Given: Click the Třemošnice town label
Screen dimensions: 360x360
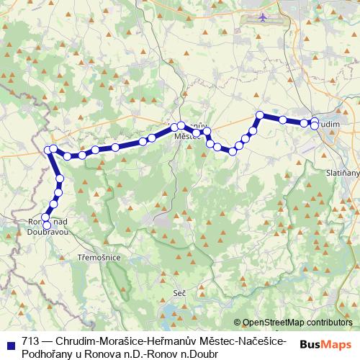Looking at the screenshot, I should (x=99, y=256).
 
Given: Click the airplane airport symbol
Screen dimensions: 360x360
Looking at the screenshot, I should (x=262, y=17).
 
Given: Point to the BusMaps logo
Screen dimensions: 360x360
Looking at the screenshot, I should (x=325, y=343).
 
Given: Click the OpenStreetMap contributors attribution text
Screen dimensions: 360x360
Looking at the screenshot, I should (x=297, y=323).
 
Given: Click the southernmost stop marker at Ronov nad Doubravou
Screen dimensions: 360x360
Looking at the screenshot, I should (x=47, y=225).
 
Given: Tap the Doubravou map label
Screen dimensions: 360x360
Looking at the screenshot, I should (x=48, y=233).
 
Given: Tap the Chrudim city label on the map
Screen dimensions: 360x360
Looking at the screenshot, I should (x=328, y=125).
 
